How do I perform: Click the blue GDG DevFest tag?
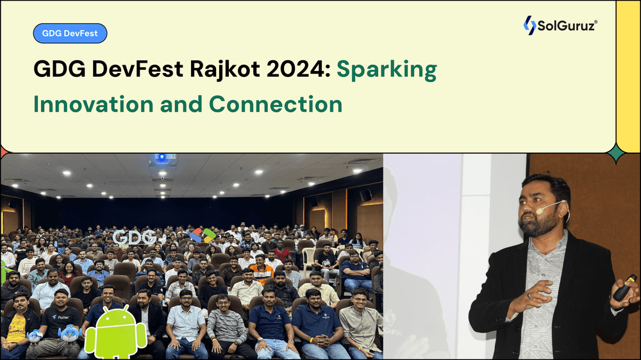[x=70, y=33]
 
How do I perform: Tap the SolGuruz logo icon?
[x=529, y=25]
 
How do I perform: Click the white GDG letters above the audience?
[x=134, y=237]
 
